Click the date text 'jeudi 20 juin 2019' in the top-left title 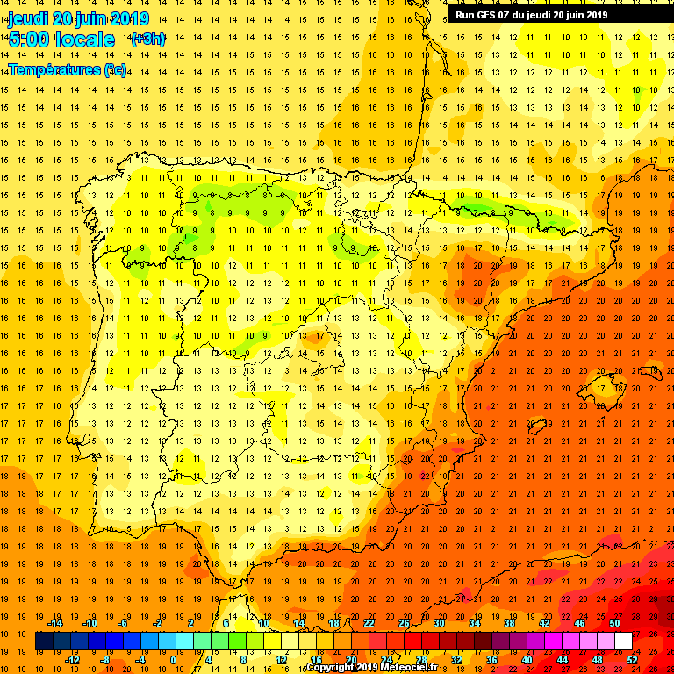pyautogui.click(x=78, y=18)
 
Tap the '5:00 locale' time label pyautogui.click(x=61, y=39)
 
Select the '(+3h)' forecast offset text pyautogui.click(x=147, y=39)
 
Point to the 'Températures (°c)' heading pyautogui.click(x=68, y=69)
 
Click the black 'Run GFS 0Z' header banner pyautogui.click(x=559, y=14)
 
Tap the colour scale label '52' pyautogui.click(x=632, y=660)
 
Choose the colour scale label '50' pyautogui.click(x=614, y=623)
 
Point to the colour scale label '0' pyautogui.click(x=173, y=660)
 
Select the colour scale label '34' pyautogui.click(x=474, y=623)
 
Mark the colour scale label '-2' pyautogui.click(x=158, y=623)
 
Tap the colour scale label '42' pyautogui.click(x=544, y=623)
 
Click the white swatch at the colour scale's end pyautogui.click(x=623, y=642)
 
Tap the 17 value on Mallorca pyautogui.click(x=601, y=388)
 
